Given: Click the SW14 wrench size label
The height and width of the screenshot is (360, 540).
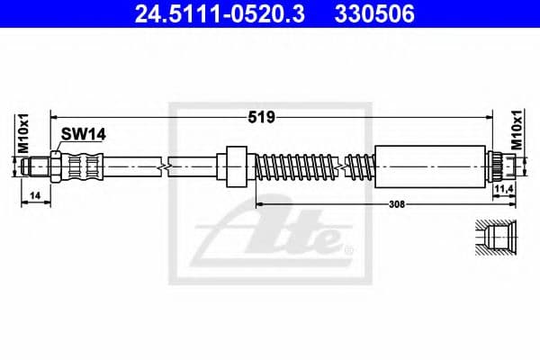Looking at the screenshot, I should click(x=84, y=134).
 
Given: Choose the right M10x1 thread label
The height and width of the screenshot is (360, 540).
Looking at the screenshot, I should click(x=517, y=131).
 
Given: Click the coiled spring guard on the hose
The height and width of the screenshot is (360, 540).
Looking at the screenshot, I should click(x=297, y=166).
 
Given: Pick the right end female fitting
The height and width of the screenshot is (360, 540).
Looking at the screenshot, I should click(x=502, y=166).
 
